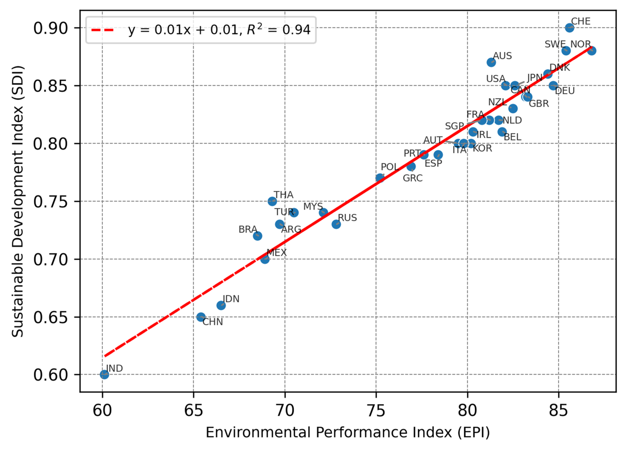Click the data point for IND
tap(104, 374)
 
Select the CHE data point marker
tap(570, 28)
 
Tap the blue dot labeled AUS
tap(491, 62)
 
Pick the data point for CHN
tap(201, 317)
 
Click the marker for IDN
tap(221, 305)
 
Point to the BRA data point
tap(257, 236)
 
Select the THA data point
tap(272, 201)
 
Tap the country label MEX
tap(277, 253)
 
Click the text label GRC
tap(413, 178)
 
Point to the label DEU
tap(565, 91)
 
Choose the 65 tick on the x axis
tap(193, 411)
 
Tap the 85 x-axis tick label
tap(559, 411)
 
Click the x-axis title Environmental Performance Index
tap(348, 432)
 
